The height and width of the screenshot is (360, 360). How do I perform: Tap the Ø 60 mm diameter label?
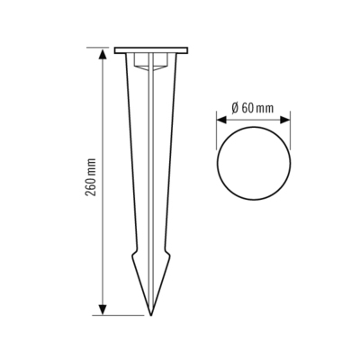point(253,107)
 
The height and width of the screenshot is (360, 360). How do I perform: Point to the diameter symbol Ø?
point(233,107)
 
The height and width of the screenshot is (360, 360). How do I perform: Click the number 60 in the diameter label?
point(247,107)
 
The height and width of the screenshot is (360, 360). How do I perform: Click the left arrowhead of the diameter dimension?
point(220,116)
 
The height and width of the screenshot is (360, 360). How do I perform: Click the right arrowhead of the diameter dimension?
point(285,116)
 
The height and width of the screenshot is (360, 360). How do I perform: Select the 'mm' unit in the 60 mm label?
point(266,107)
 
